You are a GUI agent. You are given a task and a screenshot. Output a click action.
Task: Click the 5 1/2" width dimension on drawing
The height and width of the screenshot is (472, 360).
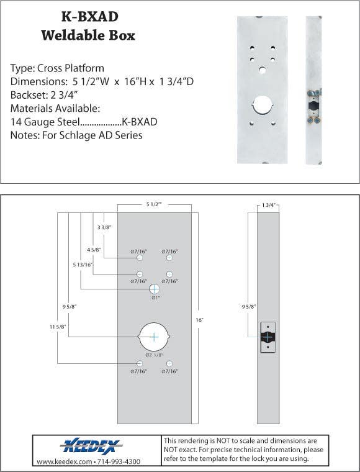tap(154, 204)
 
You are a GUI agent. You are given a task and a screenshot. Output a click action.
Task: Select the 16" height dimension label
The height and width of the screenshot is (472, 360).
tap(199, 319)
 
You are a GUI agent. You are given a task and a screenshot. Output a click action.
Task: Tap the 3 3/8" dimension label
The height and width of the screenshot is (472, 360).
tap(104, 228)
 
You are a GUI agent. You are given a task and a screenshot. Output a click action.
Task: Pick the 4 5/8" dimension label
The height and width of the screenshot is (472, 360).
tap(93, 250)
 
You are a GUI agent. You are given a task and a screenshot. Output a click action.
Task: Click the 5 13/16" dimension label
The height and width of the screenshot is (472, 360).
tap(83, 265)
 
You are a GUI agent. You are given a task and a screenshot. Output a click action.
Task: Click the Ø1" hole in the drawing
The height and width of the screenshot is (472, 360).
tap(155, 288)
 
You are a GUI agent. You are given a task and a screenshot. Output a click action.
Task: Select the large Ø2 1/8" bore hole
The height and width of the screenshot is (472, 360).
tap(155, 337)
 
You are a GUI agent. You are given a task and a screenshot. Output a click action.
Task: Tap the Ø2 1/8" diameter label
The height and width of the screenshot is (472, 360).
tap(155, 355)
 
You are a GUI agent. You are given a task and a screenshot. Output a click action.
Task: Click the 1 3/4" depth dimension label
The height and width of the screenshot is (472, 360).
tap(268, 205)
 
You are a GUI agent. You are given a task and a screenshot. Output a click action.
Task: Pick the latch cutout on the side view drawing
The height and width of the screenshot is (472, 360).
tap(268, 337)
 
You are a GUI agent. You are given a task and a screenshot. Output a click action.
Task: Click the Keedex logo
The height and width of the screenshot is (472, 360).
tap(92, 446)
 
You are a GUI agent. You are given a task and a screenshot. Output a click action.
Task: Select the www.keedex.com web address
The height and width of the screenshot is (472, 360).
tap(63, 462)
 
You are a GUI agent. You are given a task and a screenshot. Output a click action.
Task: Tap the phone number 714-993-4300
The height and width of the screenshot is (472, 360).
tap(119, 462)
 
